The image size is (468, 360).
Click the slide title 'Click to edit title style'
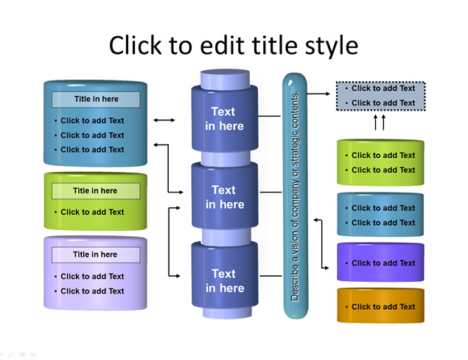234,46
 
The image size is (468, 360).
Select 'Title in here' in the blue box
96,99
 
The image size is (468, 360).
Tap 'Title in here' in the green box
95,190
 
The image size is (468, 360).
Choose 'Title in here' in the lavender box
95,255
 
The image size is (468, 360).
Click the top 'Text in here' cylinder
225,118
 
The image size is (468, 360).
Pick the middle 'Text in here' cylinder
225,195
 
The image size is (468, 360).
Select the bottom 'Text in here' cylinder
225,275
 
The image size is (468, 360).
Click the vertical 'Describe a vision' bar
295,195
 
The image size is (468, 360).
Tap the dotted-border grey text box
380,96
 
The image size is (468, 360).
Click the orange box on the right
380,305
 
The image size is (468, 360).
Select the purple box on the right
380,262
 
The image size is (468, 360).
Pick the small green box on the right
380,162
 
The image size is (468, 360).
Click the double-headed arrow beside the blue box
164,120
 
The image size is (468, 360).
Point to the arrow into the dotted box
318,94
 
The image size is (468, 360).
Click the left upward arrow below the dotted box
376,122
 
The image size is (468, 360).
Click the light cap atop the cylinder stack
225,79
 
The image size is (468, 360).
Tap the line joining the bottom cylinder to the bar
270,276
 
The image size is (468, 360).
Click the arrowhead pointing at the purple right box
326,268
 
